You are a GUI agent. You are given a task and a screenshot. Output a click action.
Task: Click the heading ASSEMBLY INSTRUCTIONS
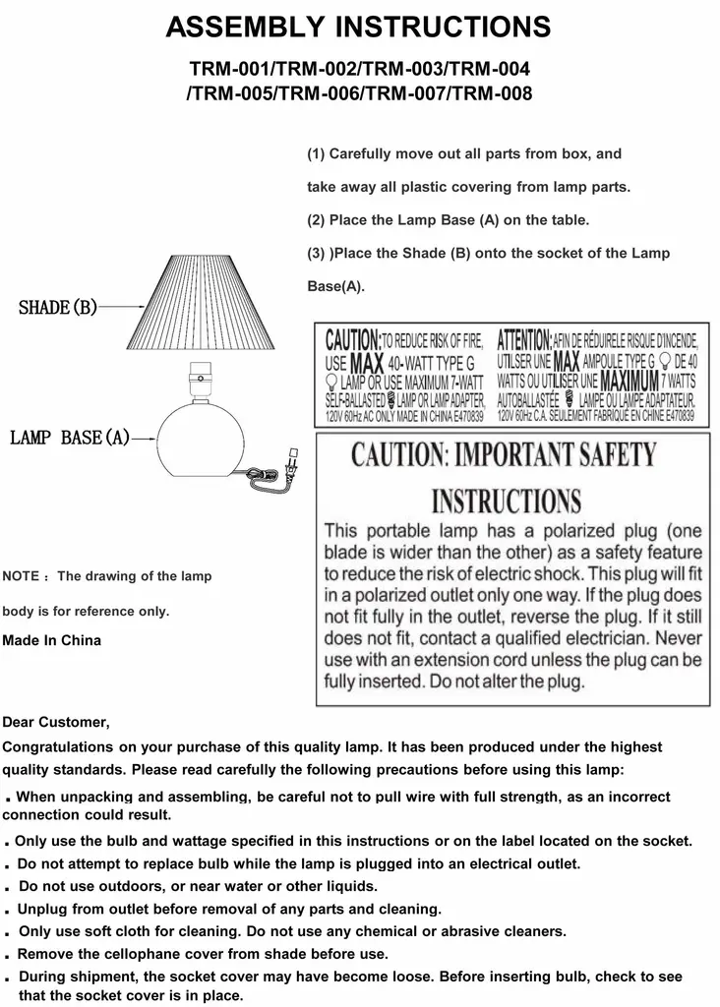(x=358, y=27)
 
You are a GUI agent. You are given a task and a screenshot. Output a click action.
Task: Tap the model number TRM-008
(x=489, y=94)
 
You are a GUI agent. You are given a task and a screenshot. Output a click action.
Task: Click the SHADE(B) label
(x=58, y=308)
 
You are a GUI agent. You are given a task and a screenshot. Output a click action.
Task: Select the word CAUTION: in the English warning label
(x=352, y=341)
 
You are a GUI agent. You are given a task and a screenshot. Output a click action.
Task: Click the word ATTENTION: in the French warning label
(x=524, y=341)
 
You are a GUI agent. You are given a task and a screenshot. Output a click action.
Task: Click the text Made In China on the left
(x=51, y=640)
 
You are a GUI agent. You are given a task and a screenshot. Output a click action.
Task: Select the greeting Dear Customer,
(x=56, y=723)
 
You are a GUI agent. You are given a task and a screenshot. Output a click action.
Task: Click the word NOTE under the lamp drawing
(x=21, y=576)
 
